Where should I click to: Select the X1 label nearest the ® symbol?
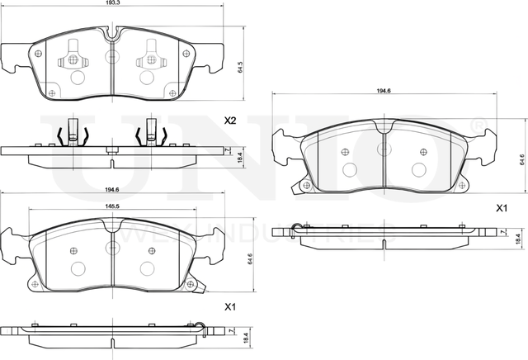(x=500, y=207)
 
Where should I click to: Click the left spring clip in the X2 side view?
(x=71, y=132)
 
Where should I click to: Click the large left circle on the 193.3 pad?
(x=79, y=78)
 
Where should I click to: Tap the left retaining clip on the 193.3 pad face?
(x=72, y=54)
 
